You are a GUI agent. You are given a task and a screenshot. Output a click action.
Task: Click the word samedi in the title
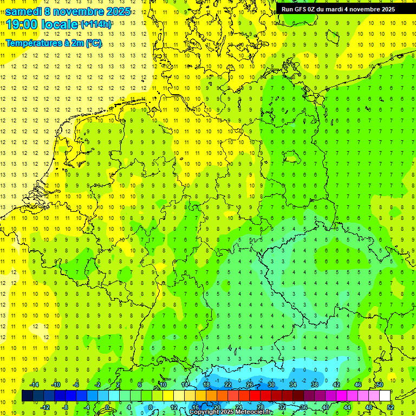pyautogui.click(x=23, y=11)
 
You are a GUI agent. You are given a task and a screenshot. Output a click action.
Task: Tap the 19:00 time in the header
pyautogui.click(x=22, y=24)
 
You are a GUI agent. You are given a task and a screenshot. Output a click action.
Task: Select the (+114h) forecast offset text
pyautogui.click(x=96, y=24)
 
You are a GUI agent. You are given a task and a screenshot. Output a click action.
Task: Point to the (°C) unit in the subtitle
pyautogui.click(x=93, y=43)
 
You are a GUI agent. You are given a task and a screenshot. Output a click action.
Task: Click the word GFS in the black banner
pyautogui.click(x=302, y=9)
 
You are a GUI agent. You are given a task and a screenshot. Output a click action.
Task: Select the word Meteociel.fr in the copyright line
pyautogui.click(x=253, y=412)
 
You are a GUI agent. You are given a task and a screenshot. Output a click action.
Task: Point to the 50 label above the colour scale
pyautogui.click(x=380, y=385)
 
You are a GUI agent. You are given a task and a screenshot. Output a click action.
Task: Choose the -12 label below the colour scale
pyautogui.click(x=45, y=407)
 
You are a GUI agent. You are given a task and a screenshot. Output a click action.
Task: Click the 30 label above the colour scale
pyautogui.click(x=271, y=385)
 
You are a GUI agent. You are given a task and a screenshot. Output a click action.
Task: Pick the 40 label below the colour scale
pyautogui.click(x=326, y=407)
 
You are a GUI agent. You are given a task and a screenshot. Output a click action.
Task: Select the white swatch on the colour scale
pyautogui.click(x=385, y=396)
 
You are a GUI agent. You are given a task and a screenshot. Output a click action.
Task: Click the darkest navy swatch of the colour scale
pyautogui.click(x=27, y=396)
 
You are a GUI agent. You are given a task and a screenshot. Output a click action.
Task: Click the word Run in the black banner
pyautogui.click(x=287, y=9)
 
